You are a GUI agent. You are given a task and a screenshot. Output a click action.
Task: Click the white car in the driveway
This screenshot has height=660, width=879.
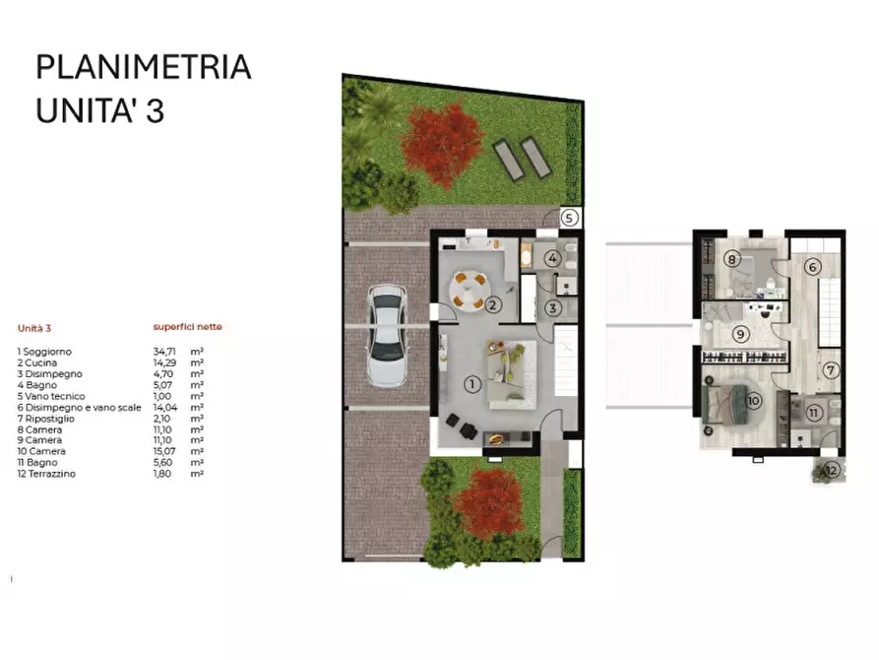[x=385, y=335]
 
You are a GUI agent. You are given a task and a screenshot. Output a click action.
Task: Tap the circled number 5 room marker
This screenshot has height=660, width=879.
[x=571, y=217]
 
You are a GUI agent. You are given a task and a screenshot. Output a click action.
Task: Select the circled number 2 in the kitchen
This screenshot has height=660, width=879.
[x=495, y=305]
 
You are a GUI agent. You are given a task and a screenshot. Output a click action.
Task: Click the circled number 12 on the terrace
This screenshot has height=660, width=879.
[x=832, y=470]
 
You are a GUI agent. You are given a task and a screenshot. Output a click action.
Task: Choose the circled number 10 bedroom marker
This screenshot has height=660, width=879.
[x=754, y=401]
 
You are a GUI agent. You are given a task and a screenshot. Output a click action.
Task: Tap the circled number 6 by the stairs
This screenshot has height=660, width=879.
[x=813, y=266]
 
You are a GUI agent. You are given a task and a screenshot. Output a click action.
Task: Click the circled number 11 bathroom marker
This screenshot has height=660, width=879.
[x=814, y=413]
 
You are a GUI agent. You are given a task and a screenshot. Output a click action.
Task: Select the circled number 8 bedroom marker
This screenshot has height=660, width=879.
[x=731, y=260]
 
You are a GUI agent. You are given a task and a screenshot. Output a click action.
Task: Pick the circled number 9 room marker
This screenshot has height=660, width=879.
[x=740, y=334]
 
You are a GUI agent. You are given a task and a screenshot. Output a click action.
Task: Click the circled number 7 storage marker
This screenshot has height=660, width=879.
[x=830, y=370]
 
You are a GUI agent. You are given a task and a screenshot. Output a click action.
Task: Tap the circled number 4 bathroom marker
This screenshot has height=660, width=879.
[x=553, y=259]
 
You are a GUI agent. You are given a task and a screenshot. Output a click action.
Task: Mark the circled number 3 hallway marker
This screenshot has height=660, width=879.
[x=553, y=306]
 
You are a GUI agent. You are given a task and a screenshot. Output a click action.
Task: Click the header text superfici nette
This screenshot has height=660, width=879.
[x=187, y=327]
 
